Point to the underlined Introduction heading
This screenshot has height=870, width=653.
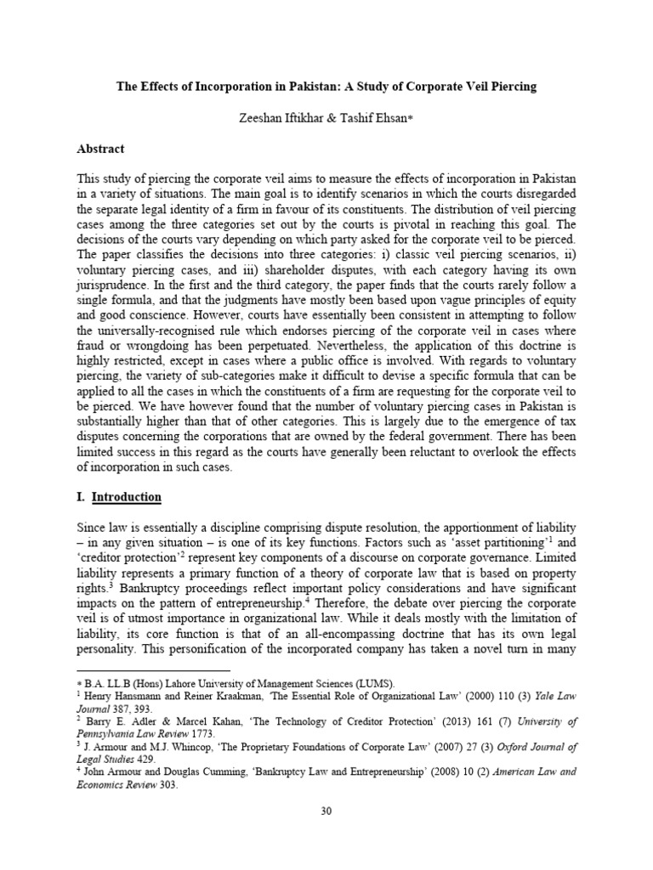127,496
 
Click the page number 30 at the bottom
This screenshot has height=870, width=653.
326,811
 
